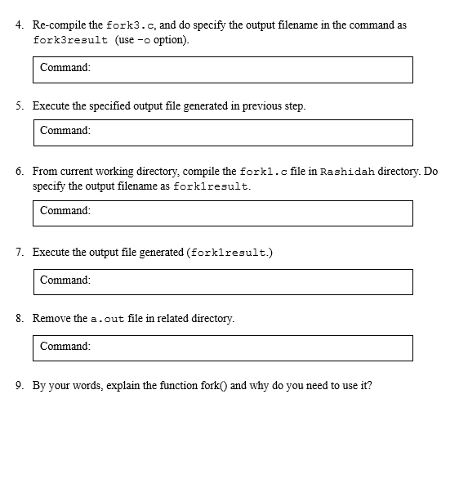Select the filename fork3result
[70, 40]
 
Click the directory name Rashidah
[348, 172]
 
